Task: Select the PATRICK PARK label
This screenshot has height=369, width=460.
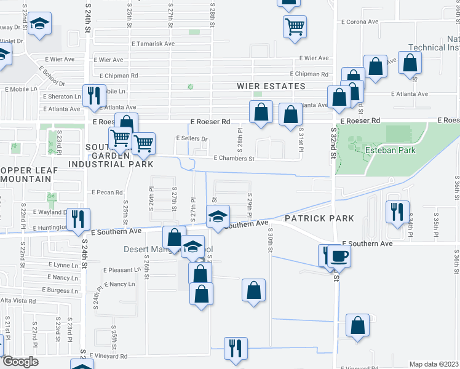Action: point(319,218)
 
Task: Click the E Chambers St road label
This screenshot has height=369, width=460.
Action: point(234,158)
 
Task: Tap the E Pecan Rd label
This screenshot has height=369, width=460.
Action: point(107,192)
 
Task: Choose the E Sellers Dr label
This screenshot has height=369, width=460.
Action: point(192,138)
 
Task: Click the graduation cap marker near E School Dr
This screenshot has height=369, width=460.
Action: point(40,25)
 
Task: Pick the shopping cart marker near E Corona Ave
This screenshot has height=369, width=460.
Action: point(295,26)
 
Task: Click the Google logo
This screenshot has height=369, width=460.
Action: point(20,362)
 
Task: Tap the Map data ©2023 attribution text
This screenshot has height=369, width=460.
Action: point(434,364)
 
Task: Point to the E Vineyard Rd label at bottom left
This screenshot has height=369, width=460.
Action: point(108,356)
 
